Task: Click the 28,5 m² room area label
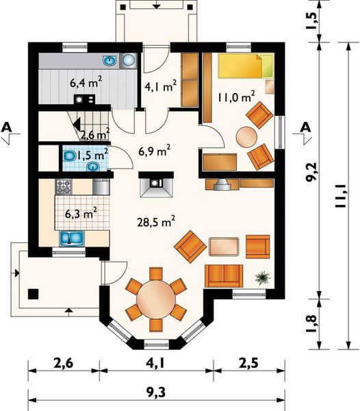point(156,222)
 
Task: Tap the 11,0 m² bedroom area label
point(236,97)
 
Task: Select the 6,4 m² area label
point(86,83)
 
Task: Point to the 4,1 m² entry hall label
point(160,86)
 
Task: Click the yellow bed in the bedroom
point(246,66)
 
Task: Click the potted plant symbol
point(263,278)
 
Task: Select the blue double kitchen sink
point(72,238)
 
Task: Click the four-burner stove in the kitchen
point(64,186)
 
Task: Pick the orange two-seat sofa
point(224,276)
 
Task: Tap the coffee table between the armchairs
point(224,247)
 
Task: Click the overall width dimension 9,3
point(156,393)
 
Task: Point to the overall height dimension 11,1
point(340,196)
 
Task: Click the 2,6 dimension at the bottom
point(64,364)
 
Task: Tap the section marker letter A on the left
point(7,127)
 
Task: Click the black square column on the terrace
point(34,294)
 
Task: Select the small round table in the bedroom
point(246,136)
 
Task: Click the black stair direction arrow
point(77,124)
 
